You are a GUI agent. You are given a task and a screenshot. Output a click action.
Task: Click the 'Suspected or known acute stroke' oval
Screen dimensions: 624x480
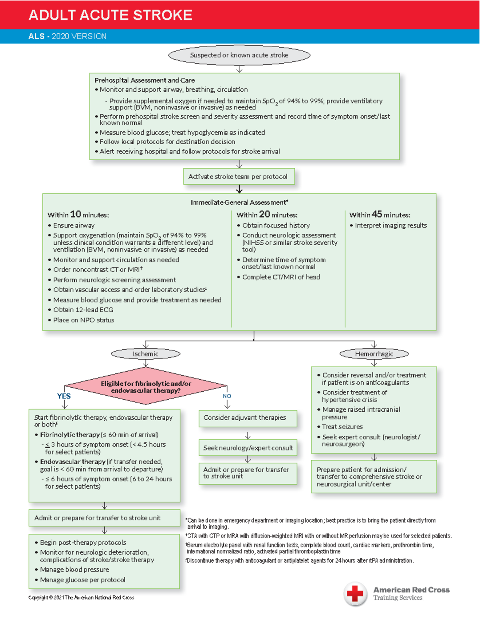239,55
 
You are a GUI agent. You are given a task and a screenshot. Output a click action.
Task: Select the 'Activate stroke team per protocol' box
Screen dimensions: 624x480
239,177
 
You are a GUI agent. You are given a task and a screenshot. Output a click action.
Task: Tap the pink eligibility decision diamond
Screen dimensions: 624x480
146,387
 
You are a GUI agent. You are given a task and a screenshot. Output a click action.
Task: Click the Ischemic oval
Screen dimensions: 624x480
146,354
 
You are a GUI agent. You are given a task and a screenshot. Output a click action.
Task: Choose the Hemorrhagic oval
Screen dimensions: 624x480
374,354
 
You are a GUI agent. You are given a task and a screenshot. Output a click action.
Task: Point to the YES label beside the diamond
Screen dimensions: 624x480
64,396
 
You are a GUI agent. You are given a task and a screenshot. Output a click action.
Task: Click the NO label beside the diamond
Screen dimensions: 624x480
227,396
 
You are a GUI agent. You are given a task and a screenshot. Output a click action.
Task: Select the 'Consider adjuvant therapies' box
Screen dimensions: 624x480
248,418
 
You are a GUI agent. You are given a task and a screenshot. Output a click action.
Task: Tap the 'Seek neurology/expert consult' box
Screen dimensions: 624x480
248,448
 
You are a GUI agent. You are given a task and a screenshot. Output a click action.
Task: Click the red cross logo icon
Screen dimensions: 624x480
355,593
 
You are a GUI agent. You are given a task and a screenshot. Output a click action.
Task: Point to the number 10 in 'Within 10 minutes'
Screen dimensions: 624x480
76,214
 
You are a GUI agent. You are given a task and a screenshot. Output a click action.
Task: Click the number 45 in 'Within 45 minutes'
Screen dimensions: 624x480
377,214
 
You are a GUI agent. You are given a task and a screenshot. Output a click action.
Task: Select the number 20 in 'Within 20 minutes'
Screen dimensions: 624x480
264,214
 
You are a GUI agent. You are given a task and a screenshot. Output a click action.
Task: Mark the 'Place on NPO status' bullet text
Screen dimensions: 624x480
84,320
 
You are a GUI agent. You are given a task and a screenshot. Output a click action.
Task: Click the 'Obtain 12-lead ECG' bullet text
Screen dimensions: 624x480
83,310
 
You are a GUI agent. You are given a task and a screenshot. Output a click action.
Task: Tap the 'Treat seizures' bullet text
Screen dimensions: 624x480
342,427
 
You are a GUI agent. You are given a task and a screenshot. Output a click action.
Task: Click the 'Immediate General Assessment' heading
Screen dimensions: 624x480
239,203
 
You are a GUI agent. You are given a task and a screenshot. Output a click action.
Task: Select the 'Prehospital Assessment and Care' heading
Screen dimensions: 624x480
145,81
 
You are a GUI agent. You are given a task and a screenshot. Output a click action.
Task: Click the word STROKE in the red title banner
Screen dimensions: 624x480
162,15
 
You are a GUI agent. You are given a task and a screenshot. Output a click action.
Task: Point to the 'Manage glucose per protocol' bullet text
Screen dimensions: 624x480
82,580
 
